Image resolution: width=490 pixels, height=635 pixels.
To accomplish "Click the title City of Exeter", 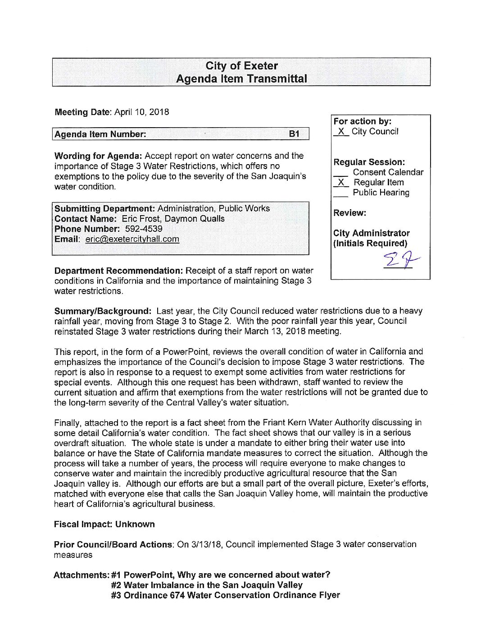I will click(241, 66).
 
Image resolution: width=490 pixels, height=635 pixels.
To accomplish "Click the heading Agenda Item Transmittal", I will click(241, 79).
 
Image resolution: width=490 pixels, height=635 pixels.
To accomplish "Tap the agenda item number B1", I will click(294, 134).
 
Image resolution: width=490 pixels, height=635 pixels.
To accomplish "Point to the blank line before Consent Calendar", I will click(341, 173).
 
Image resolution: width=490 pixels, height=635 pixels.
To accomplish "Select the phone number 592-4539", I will click(144, 229).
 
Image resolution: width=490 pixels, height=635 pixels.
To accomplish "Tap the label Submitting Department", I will click(104, 209).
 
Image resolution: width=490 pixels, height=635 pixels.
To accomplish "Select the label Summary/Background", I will click(103, 311).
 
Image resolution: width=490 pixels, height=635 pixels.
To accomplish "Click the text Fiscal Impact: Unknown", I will click(104, 525).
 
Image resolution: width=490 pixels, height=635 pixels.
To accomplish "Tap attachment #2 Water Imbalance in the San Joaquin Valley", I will click(207, 585).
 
